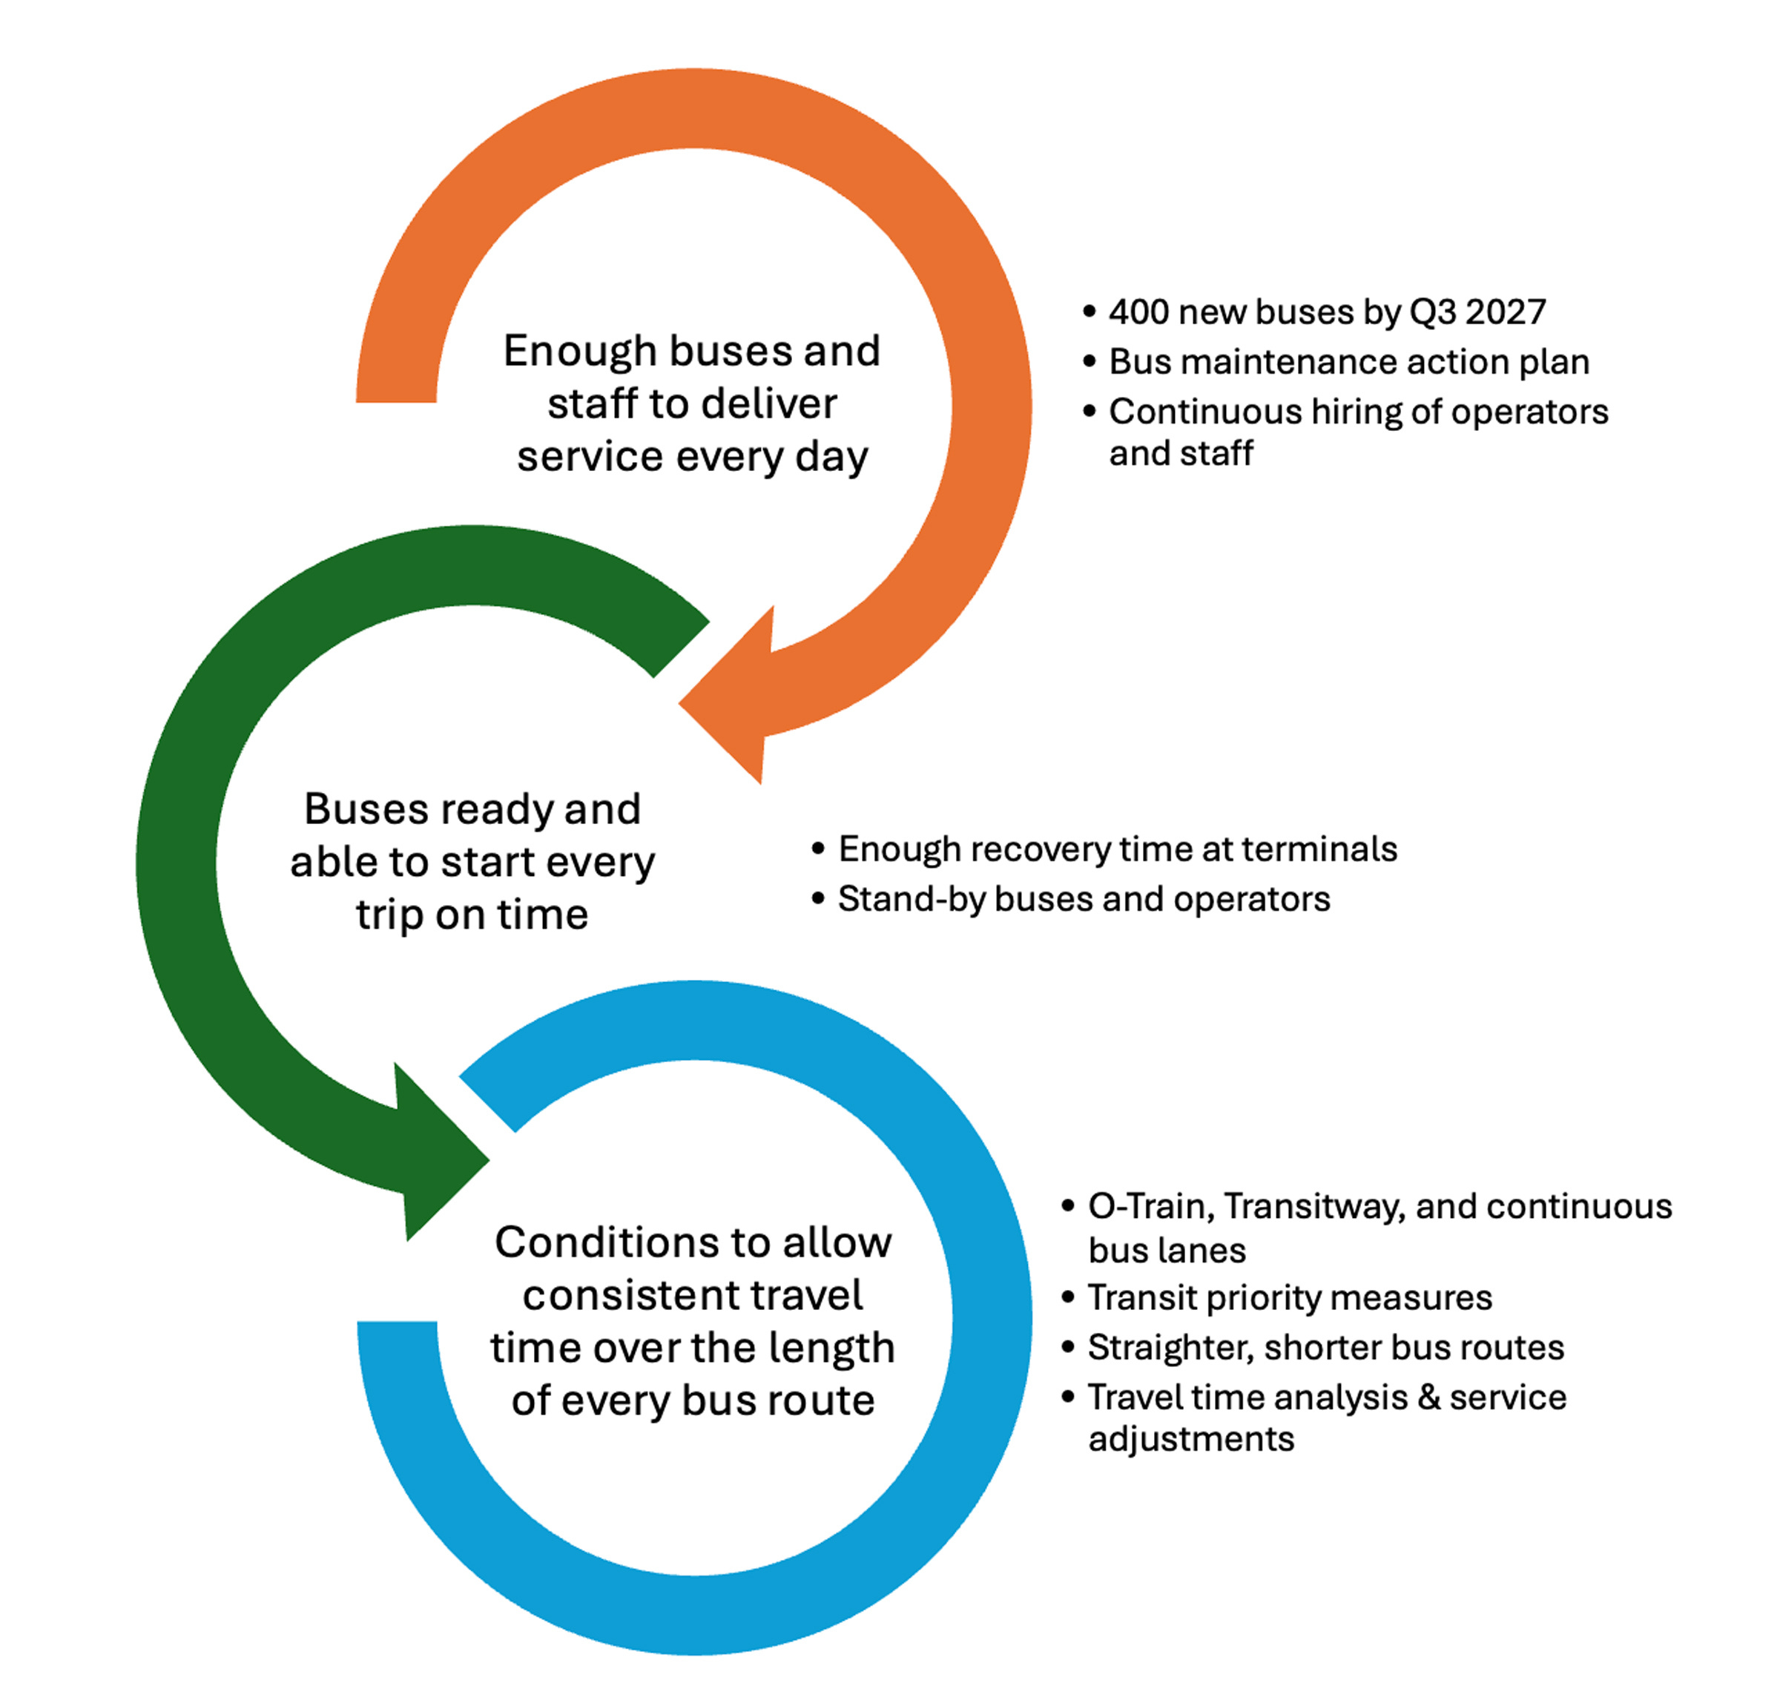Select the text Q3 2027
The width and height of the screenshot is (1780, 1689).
(x=1477, y=312)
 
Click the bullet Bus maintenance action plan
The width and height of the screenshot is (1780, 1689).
(x=1348, y=362)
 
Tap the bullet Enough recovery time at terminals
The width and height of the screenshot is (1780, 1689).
(x=1116, y=849)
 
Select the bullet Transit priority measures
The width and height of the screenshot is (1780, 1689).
(x=1289, y=1297)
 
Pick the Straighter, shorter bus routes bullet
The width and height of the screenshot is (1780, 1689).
(x=1325, y=1347)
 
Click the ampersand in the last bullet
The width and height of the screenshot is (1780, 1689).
(x=1429, y=1397)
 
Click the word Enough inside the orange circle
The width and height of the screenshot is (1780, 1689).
(x=568, y=351)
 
